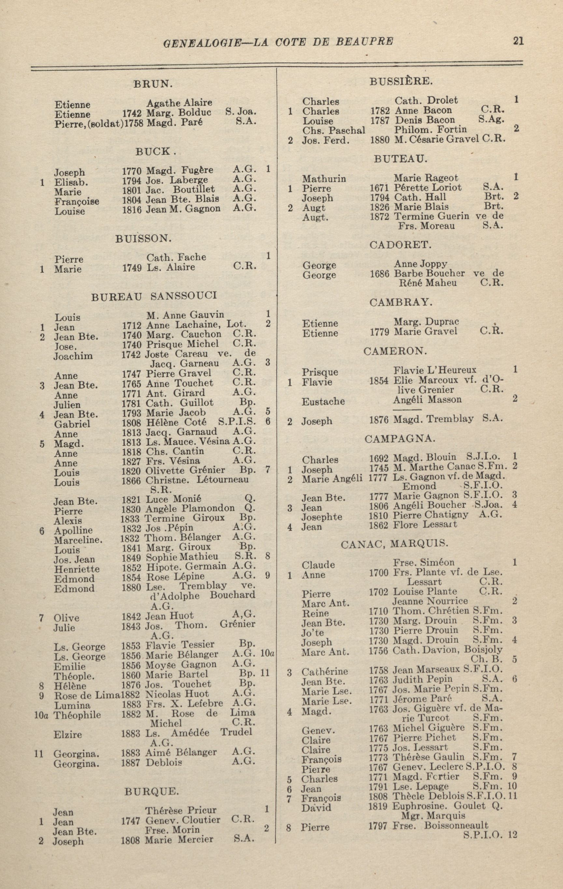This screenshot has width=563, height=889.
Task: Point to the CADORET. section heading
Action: pyautogui.click(x=400, y=244)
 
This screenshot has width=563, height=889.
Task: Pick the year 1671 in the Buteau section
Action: pyautogui.click(x=379, y=188)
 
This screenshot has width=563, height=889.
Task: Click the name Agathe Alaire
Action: pyautogui.click(x=179, y=103)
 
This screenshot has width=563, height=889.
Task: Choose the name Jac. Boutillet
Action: pyautogui.click(x=180, y=189)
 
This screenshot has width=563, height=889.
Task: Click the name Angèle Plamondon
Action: pyautogui.click(x=190, y=508)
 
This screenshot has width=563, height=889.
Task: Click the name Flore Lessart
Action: pyautogui.click(x=425, y=525)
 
